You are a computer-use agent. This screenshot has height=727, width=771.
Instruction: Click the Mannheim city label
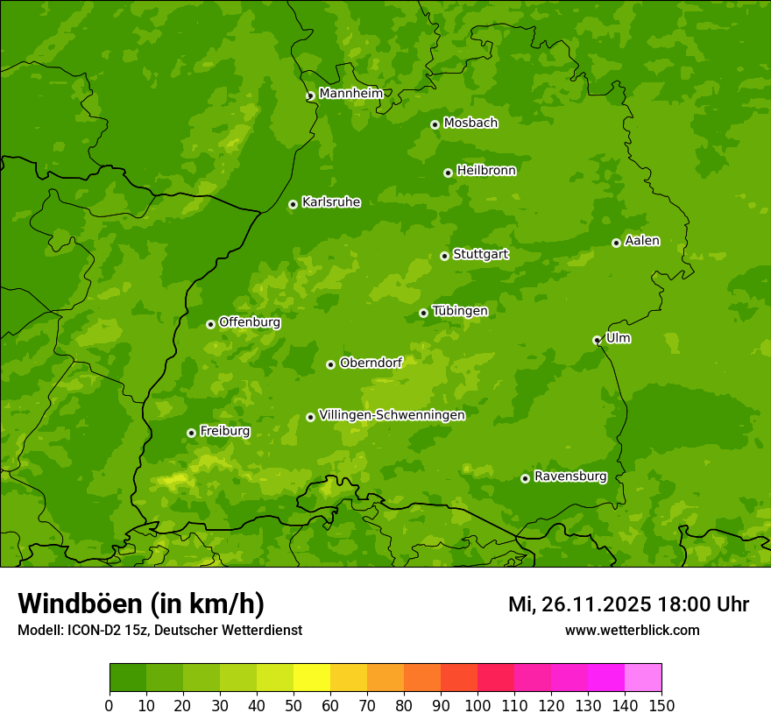pyautogui.click(x=350, y=94)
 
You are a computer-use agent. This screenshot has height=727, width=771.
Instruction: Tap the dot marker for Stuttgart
pyautogui.click(x=444, y=256)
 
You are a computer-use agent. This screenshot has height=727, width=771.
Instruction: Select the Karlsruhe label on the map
pyautogui.click(x=330, y=202)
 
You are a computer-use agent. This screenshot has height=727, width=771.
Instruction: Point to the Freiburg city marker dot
pyautogui.click(x=191, y=433)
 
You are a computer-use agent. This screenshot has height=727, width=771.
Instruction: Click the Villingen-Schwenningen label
pyautogui.click(x=392, y=415)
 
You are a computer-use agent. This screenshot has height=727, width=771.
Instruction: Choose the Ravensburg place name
pyautogui.click(x=569, y=476)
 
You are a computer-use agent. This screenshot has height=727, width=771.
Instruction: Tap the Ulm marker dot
pyautogui.click(x=597, y=340)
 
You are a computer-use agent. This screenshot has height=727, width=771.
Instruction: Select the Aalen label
pyautogui.click(x=642, y=241)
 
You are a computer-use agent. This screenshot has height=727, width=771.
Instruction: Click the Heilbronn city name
pyautogui.click(x=486, y=171)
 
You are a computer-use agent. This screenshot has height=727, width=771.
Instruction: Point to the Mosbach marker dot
pyautogui.click(x=435, y=124)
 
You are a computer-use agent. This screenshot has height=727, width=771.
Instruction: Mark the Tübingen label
pyautogui.click(x=459, y=311)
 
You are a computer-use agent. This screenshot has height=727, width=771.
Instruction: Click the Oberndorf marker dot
pyautogui.click(x=330, y=364)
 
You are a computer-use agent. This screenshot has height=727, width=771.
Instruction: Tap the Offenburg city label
pyautogui.click(x=250, y=322)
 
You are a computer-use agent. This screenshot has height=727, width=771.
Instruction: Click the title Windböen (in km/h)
pyautogui.click(x=141, y=603)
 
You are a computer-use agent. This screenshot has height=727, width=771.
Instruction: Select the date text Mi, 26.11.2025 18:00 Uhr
pyautogui.click(x=628, y=604)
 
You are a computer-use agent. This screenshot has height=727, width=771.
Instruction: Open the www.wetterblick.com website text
pyautogui.click(x=632, y=630)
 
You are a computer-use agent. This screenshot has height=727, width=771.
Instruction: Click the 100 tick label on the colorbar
pyautogui.click(x=477, y=705)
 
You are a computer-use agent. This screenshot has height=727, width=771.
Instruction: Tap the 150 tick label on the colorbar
pyautogui.click(x=661, y=705)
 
